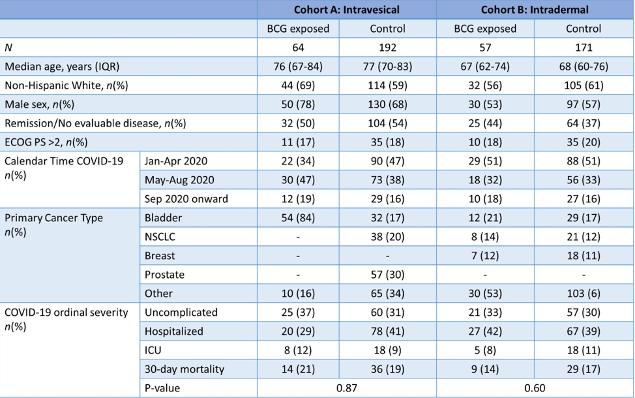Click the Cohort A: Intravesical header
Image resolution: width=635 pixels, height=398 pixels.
coord(347,10)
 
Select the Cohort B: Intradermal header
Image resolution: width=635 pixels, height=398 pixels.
coord(535,10)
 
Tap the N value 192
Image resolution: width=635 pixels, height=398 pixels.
coord(387,48)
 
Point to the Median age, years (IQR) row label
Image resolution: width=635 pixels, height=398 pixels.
coord(62,67)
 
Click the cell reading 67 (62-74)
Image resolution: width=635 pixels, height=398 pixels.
coord(485,67)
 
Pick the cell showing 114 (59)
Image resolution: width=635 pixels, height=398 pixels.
coord(387,85)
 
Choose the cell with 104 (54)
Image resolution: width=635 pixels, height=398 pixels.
coord(387,123)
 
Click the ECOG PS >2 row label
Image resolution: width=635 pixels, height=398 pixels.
coord(46,142)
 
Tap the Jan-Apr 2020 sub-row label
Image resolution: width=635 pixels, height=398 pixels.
coord(176,161)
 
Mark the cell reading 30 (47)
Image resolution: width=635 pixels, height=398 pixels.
coord(298,180)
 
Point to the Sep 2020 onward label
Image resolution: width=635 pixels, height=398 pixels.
coord(186,199)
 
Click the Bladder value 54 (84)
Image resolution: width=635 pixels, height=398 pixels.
coord(298,218)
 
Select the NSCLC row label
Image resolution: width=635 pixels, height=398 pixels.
coord(160,237)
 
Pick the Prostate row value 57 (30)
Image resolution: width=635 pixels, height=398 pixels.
coord(387,275)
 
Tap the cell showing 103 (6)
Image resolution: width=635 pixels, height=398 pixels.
coord(583,294)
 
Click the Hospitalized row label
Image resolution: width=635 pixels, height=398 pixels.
coord(174,331)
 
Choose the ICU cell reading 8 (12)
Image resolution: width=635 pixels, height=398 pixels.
coord(298,350)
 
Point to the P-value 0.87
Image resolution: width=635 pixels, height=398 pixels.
coord(347,388)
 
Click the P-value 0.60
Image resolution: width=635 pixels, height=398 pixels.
coord(535,388)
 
